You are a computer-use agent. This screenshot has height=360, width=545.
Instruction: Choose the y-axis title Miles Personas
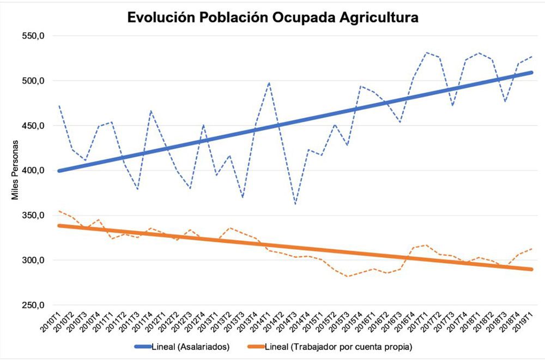pyautogui.click(x=16, y=170)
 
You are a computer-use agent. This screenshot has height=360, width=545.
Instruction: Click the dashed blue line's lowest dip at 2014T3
pyautogui.click(x=295, y=205)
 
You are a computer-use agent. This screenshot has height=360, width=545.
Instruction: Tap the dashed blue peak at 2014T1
pyautogui.click(x=269, y=83)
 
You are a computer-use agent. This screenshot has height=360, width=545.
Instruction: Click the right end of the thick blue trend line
pyautogui.click(x=532, y=72)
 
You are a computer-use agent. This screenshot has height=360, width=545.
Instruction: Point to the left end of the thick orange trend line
pyautogui.click(x=59, y=225)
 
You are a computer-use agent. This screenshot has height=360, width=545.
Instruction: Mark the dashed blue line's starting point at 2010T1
pyautogui.click(x=59, y=106)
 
